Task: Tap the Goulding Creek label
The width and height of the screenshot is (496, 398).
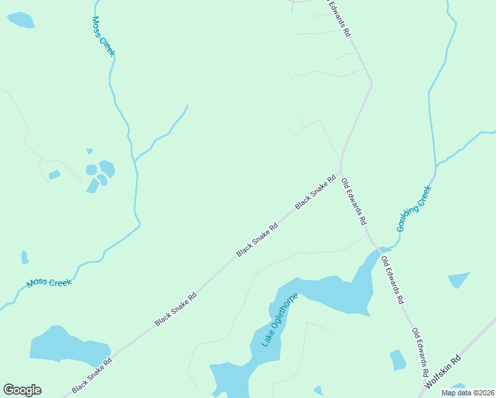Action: (414, 208)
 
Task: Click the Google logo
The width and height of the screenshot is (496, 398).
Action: (22, 390)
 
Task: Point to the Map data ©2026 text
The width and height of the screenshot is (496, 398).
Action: (467, 393)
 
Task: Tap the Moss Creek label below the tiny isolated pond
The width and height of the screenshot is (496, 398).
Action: (48, 283)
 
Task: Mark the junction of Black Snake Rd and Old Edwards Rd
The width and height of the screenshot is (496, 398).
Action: (341, 172)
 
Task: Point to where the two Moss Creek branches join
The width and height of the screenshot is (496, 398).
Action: (135, 161)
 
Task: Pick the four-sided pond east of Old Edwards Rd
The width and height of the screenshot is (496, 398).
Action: (458, 279)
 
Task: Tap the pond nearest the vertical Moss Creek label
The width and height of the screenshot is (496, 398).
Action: (21, 20)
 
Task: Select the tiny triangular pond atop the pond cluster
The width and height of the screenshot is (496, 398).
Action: (89, 152)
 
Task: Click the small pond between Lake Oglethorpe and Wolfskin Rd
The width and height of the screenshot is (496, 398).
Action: (397, 360)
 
